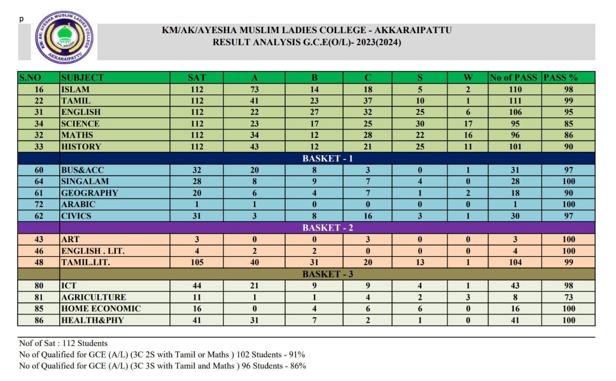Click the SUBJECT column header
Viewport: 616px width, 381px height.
82,77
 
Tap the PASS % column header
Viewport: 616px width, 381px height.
561,77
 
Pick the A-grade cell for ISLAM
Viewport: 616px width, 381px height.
254,89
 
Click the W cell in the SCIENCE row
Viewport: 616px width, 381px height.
468,123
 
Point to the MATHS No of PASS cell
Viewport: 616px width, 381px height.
515,135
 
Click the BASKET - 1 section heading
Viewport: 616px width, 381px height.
327,159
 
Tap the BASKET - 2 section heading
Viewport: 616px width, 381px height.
327,228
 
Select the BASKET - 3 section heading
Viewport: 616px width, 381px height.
327,274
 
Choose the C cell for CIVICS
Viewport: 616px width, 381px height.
368,216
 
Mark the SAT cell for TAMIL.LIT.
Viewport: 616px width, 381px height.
197,262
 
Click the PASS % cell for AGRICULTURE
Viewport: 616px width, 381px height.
569,297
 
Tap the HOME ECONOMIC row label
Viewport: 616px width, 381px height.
101,308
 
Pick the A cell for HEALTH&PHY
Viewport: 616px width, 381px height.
254,320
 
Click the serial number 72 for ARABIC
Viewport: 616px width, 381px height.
39,204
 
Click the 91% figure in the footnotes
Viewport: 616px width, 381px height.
297,355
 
